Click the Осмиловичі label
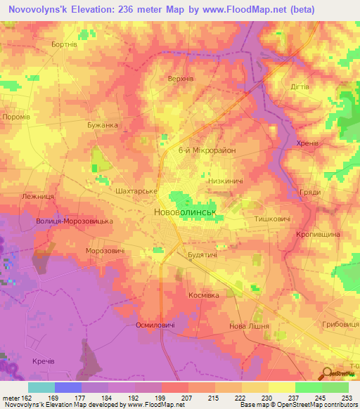155,325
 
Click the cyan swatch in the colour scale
41,387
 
